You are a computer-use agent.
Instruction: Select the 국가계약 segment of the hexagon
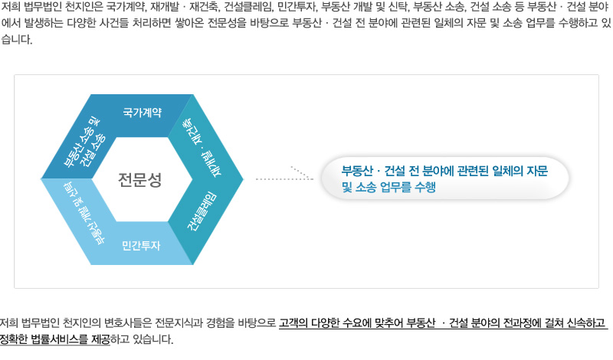pyautogui.click(x=142, y=113)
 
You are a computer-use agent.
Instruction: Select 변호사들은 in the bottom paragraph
pyautogui.click(x=121, y=322)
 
